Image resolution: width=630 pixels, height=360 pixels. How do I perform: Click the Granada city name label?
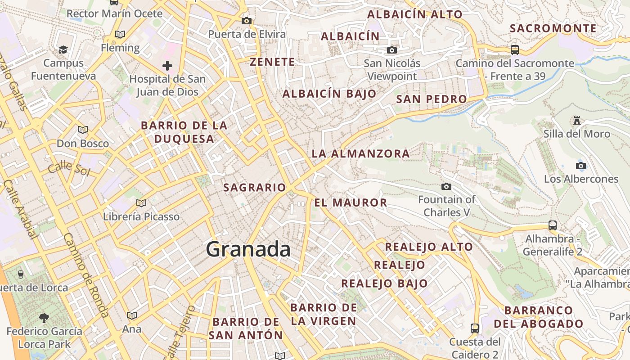[248, 249]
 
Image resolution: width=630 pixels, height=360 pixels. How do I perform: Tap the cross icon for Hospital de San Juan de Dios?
[167, 66]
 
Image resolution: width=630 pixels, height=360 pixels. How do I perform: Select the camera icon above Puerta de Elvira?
[246, 21]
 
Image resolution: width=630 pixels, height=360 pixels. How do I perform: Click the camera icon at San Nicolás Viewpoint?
[392, 50]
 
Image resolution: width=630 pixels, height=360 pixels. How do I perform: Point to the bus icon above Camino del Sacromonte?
[515, 49]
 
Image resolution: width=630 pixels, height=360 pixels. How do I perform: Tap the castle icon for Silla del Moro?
[576, 120]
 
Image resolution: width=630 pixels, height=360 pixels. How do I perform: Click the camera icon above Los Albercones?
[580, 166]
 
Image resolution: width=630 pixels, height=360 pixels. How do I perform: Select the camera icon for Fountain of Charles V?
[446, 186]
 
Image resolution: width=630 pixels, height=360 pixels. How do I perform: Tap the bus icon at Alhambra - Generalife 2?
[553, 225]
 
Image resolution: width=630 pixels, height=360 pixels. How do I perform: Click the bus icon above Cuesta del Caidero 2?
[475, 328]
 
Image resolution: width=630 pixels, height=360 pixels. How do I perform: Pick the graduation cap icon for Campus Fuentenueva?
[63, 49]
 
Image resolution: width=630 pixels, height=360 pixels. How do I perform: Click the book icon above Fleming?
[120, 34]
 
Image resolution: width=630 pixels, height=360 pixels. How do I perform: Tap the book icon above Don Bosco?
[82, 130]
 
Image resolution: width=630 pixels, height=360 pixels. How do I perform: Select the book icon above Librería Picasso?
[141, 203]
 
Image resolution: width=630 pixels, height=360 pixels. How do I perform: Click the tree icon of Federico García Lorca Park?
[44, 318]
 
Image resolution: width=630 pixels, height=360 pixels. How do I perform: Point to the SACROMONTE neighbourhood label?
[553, 28]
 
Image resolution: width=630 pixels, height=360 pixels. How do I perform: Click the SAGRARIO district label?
[254, 188]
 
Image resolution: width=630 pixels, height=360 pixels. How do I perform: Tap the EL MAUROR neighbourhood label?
[351, 203]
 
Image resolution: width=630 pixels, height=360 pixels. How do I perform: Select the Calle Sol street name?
[69, 169]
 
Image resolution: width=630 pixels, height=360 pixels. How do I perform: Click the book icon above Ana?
[132, 316]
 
